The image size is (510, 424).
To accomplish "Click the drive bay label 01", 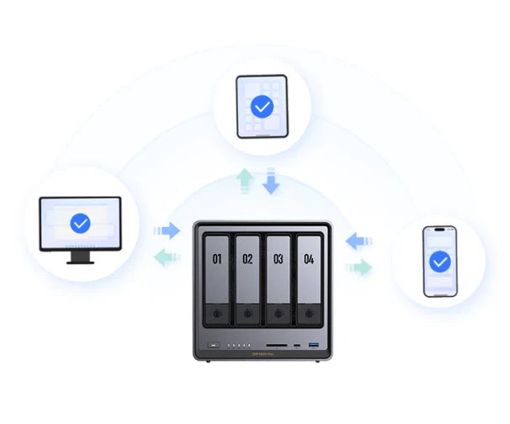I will (216, 260).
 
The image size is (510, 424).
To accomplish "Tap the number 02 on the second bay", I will (247, 260).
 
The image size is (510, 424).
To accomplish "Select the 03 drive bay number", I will (278, 260).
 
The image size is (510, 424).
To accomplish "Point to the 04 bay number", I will (309, 260).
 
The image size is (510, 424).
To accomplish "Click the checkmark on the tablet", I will (263, 108).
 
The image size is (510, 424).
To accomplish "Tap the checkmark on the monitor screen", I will (80, 223).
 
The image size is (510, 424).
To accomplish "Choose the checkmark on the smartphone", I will (439, 262).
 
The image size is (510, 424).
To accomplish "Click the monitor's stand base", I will (80, 260).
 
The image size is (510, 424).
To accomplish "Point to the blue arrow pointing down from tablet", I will (271, 181).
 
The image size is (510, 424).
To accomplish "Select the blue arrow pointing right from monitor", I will (167, 230).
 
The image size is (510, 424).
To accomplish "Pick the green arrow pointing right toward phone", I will (359, 268).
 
